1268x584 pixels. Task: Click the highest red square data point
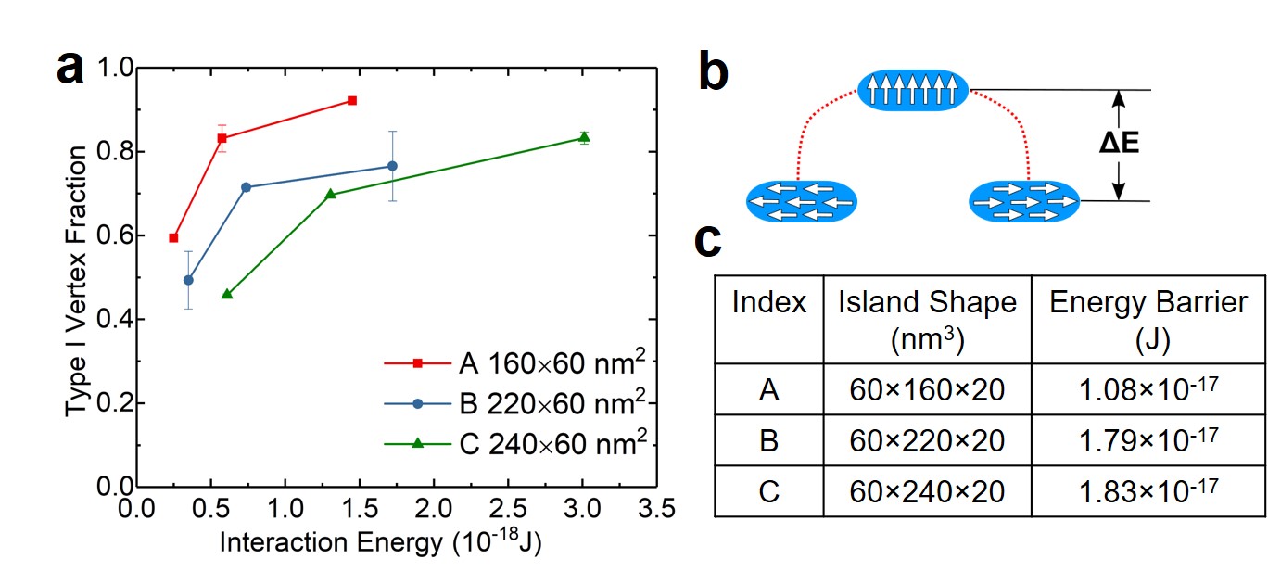(x=351, y=100)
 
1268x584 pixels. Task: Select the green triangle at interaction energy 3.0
(x=584, y=137)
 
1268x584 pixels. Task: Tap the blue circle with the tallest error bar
(x=392, y=166)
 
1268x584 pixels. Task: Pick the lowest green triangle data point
(x=227, y=294)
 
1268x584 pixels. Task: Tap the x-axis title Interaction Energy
(x=380, y=543)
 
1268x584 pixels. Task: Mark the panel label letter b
(x=714, y=71)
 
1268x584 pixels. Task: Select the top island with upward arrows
(x=913, y=90)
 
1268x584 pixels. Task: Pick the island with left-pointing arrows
(x=801, y=202)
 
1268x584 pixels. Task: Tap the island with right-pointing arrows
(x=1024, y=202)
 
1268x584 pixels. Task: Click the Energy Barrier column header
(x=1148, y=318)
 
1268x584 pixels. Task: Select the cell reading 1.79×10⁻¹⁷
(x=1148, y=439)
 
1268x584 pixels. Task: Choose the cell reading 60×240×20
(x=927, y=490)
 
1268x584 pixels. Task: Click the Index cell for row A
(x=768, y=388)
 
